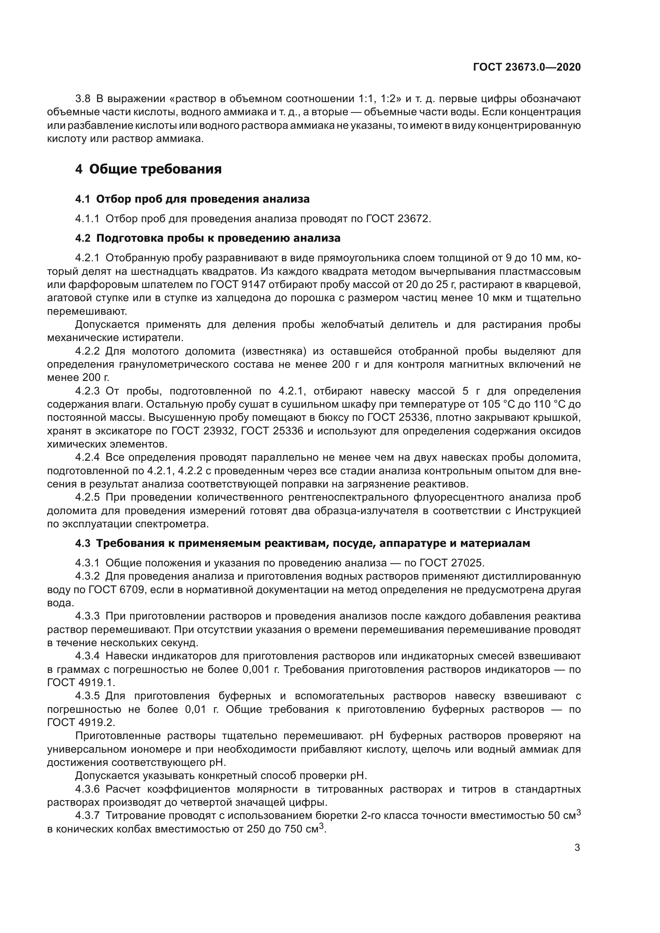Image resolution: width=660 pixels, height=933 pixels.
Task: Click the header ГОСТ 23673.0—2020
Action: pos(527,67)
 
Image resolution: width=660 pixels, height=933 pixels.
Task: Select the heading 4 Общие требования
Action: pos(148,169)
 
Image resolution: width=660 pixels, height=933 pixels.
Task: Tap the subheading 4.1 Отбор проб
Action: pos(192,199)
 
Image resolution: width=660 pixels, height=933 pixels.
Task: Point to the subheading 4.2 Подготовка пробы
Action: pos(207,238)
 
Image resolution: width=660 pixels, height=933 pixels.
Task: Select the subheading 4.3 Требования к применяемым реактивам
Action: pos(302,543)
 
